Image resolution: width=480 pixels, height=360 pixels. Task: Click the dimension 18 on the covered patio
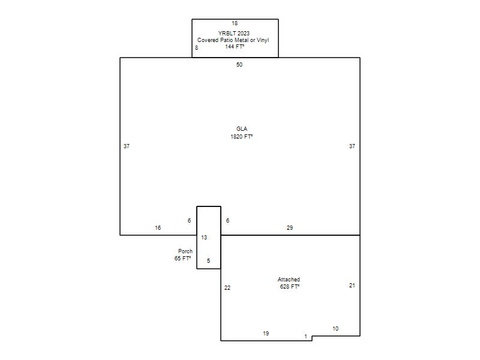(x=235, y=23)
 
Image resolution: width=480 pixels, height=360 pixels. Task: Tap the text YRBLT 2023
(x=234, y=34)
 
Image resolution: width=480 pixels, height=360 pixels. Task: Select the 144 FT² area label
(x=235, y=47)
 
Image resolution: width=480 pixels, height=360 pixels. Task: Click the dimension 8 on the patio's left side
(x=197, y=48)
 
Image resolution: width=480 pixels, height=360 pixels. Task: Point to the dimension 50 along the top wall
(x=239, y=65)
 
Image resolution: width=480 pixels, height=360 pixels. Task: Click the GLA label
(x=242, y=129)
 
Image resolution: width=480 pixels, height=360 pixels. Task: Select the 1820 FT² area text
(x=242, y=137)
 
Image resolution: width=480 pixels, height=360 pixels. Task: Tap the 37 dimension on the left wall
(x=127, y=146)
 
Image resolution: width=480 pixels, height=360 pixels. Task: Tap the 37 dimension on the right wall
(x=352, y=146)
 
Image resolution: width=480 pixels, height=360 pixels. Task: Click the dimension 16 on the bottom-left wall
(x=158, y=228)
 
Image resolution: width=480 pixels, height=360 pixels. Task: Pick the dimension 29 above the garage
(x=290, y=228)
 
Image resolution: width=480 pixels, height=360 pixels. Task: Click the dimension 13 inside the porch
(x=204, y=238)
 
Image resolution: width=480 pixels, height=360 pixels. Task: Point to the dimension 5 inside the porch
(x=208, y=261)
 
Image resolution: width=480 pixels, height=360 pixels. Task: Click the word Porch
(x=185, y=251)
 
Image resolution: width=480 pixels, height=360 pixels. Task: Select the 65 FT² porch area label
(x=183, y=259)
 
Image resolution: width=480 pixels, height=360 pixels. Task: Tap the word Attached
(x=289, y=280)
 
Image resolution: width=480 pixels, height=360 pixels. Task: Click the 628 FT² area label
(x=290, y=287)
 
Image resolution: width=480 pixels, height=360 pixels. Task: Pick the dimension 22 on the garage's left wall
(x=227, y=288)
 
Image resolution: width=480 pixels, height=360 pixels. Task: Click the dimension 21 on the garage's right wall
(x=352, y=286)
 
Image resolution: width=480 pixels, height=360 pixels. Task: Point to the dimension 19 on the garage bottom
(x=266, y=334)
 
